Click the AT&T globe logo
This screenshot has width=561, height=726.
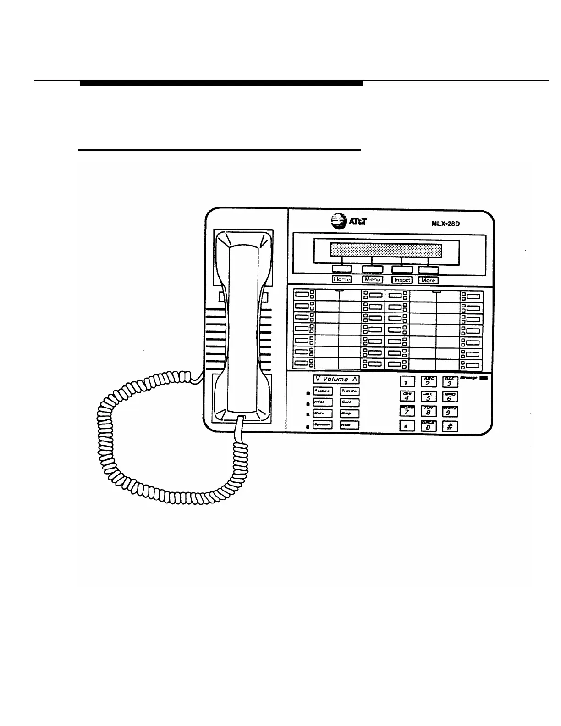tap(337, 222)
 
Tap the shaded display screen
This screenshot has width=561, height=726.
tap(385, 251)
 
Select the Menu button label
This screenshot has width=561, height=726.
tap(372, 279)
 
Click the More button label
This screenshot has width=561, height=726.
tap(428, 280)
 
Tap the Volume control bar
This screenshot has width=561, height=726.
tap(336, 379)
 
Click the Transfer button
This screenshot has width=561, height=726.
tap(349, 391)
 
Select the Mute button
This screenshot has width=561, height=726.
tap(322, 414)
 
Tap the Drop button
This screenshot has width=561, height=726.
tap(349, 414)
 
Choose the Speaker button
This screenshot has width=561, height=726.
tap(322, 425)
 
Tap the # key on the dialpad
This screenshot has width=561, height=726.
tap(450, 427)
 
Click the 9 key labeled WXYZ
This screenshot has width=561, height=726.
tap(450, 412)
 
